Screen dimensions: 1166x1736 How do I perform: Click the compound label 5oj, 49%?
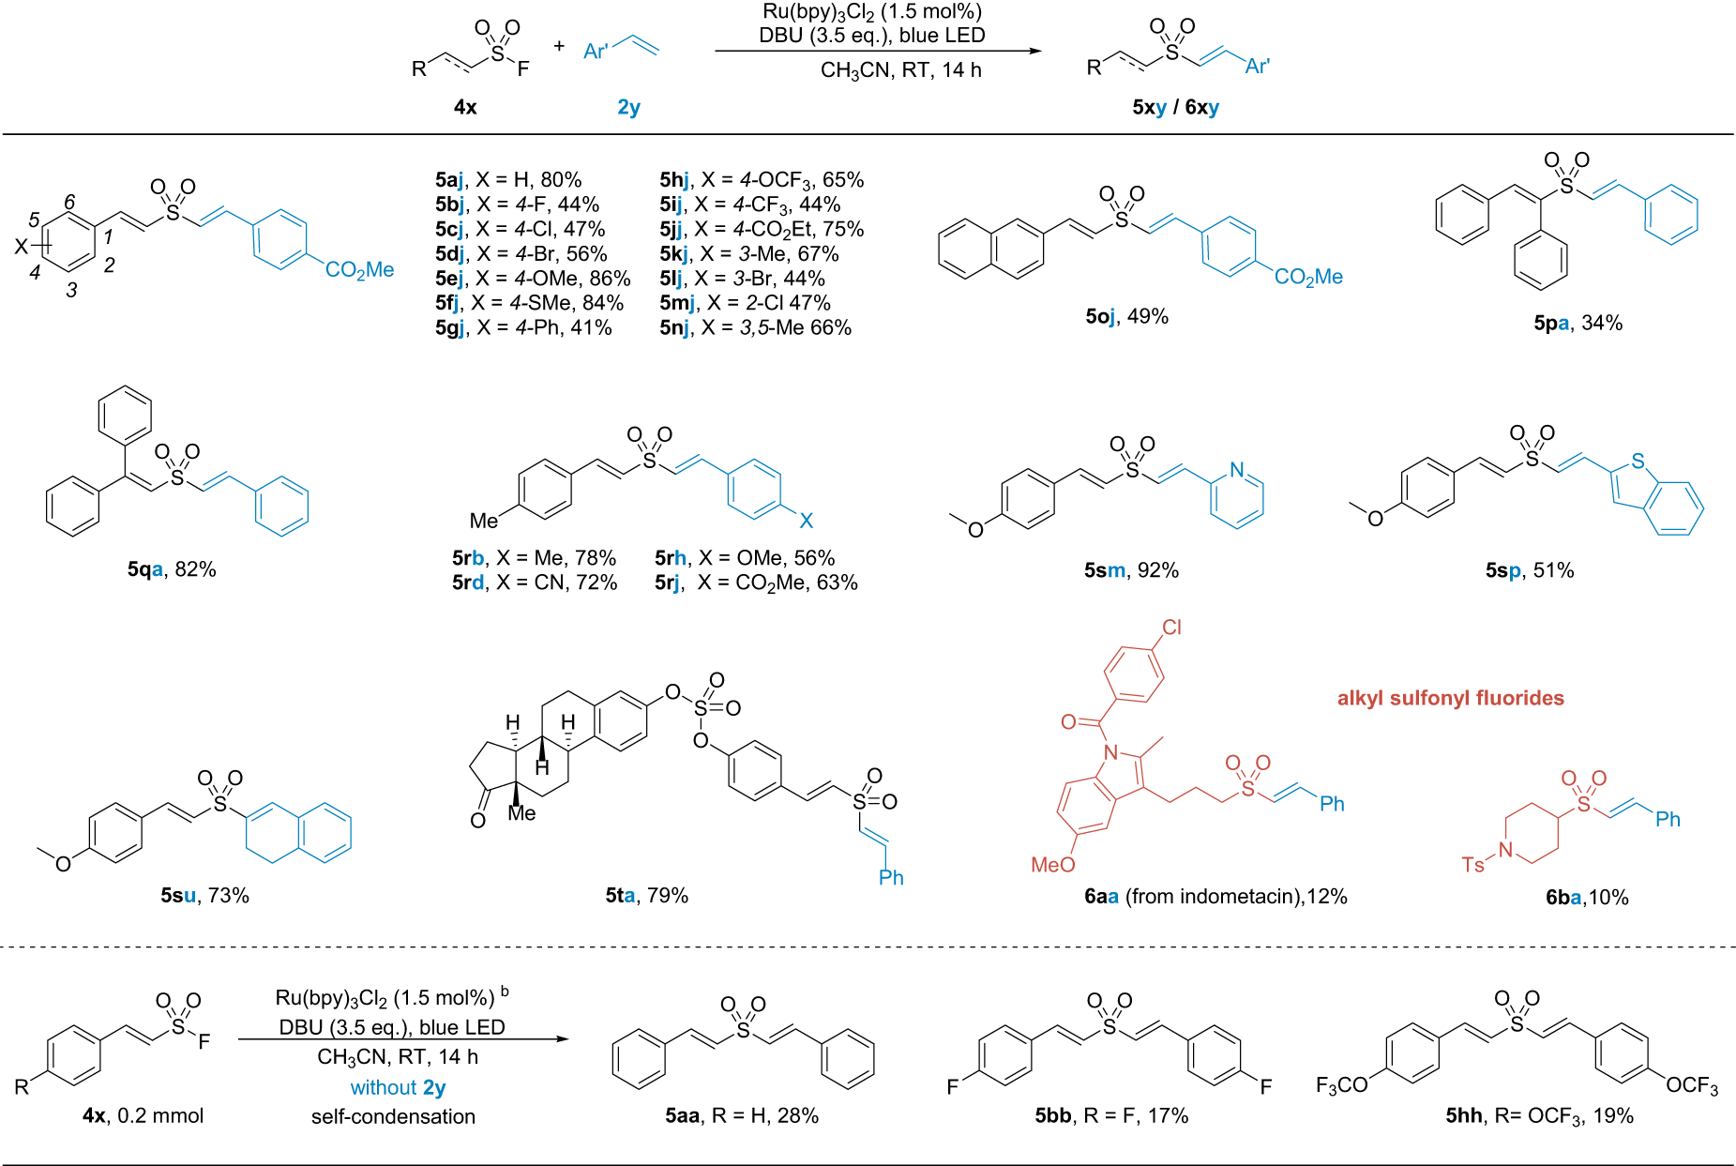1126,317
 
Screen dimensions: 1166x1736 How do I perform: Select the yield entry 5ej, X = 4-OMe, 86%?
532,279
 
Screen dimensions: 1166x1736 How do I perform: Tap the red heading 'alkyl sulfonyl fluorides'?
1450,698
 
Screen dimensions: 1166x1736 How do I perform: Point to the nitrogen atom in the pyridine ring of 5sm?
1237,470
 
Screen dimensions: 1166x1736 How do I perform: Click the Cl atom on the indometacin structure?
1171,628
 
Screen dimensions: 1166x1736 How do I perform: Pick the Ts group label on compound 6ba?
1472,864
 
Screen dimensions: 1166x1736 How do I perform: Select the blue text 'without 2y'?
398,1087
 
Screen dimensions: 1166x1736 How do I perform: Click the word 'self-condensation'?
393,1116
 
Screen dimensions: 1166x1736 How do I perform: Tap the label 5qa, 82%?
172,569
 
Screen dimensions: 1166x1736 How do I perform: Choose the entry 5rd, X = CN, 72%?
535,583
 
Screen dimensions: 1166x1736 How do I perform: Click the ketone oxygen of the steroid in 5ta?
477,821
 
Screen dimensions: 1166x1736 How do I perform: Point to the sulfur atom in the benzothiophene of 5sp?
1638,462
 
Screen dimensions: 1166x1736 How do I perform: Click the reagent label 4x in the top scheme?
465,107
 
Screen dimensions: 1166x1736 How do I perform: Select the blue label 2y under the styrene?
628,107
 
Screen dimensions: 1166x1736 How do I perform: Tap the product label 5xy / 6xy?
1175,107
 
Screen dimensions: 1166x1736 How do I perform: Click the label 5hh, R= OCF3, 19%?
1539,1115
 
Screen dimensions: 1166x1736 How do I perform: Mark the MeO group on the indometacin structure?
1052,865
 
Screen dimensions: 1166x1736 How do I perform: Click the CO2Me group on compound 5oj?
1308,277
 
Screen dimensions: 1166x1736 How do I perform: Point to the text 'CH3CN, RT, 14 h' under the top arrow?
900,70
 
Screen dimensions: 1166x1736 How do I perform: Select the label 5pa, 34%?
1577,323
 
